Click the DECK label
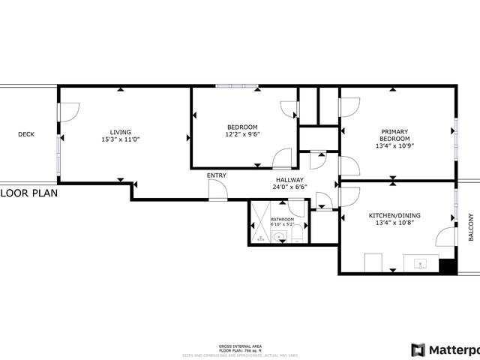26,134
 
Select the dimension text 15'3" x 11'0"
121,139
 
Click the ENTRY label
217,175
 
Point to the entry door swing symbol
217,191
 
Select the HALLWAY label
289,180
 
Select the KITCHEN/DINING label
394,215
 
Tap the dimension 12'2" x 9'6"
242,135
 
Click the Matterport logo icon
418,349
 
